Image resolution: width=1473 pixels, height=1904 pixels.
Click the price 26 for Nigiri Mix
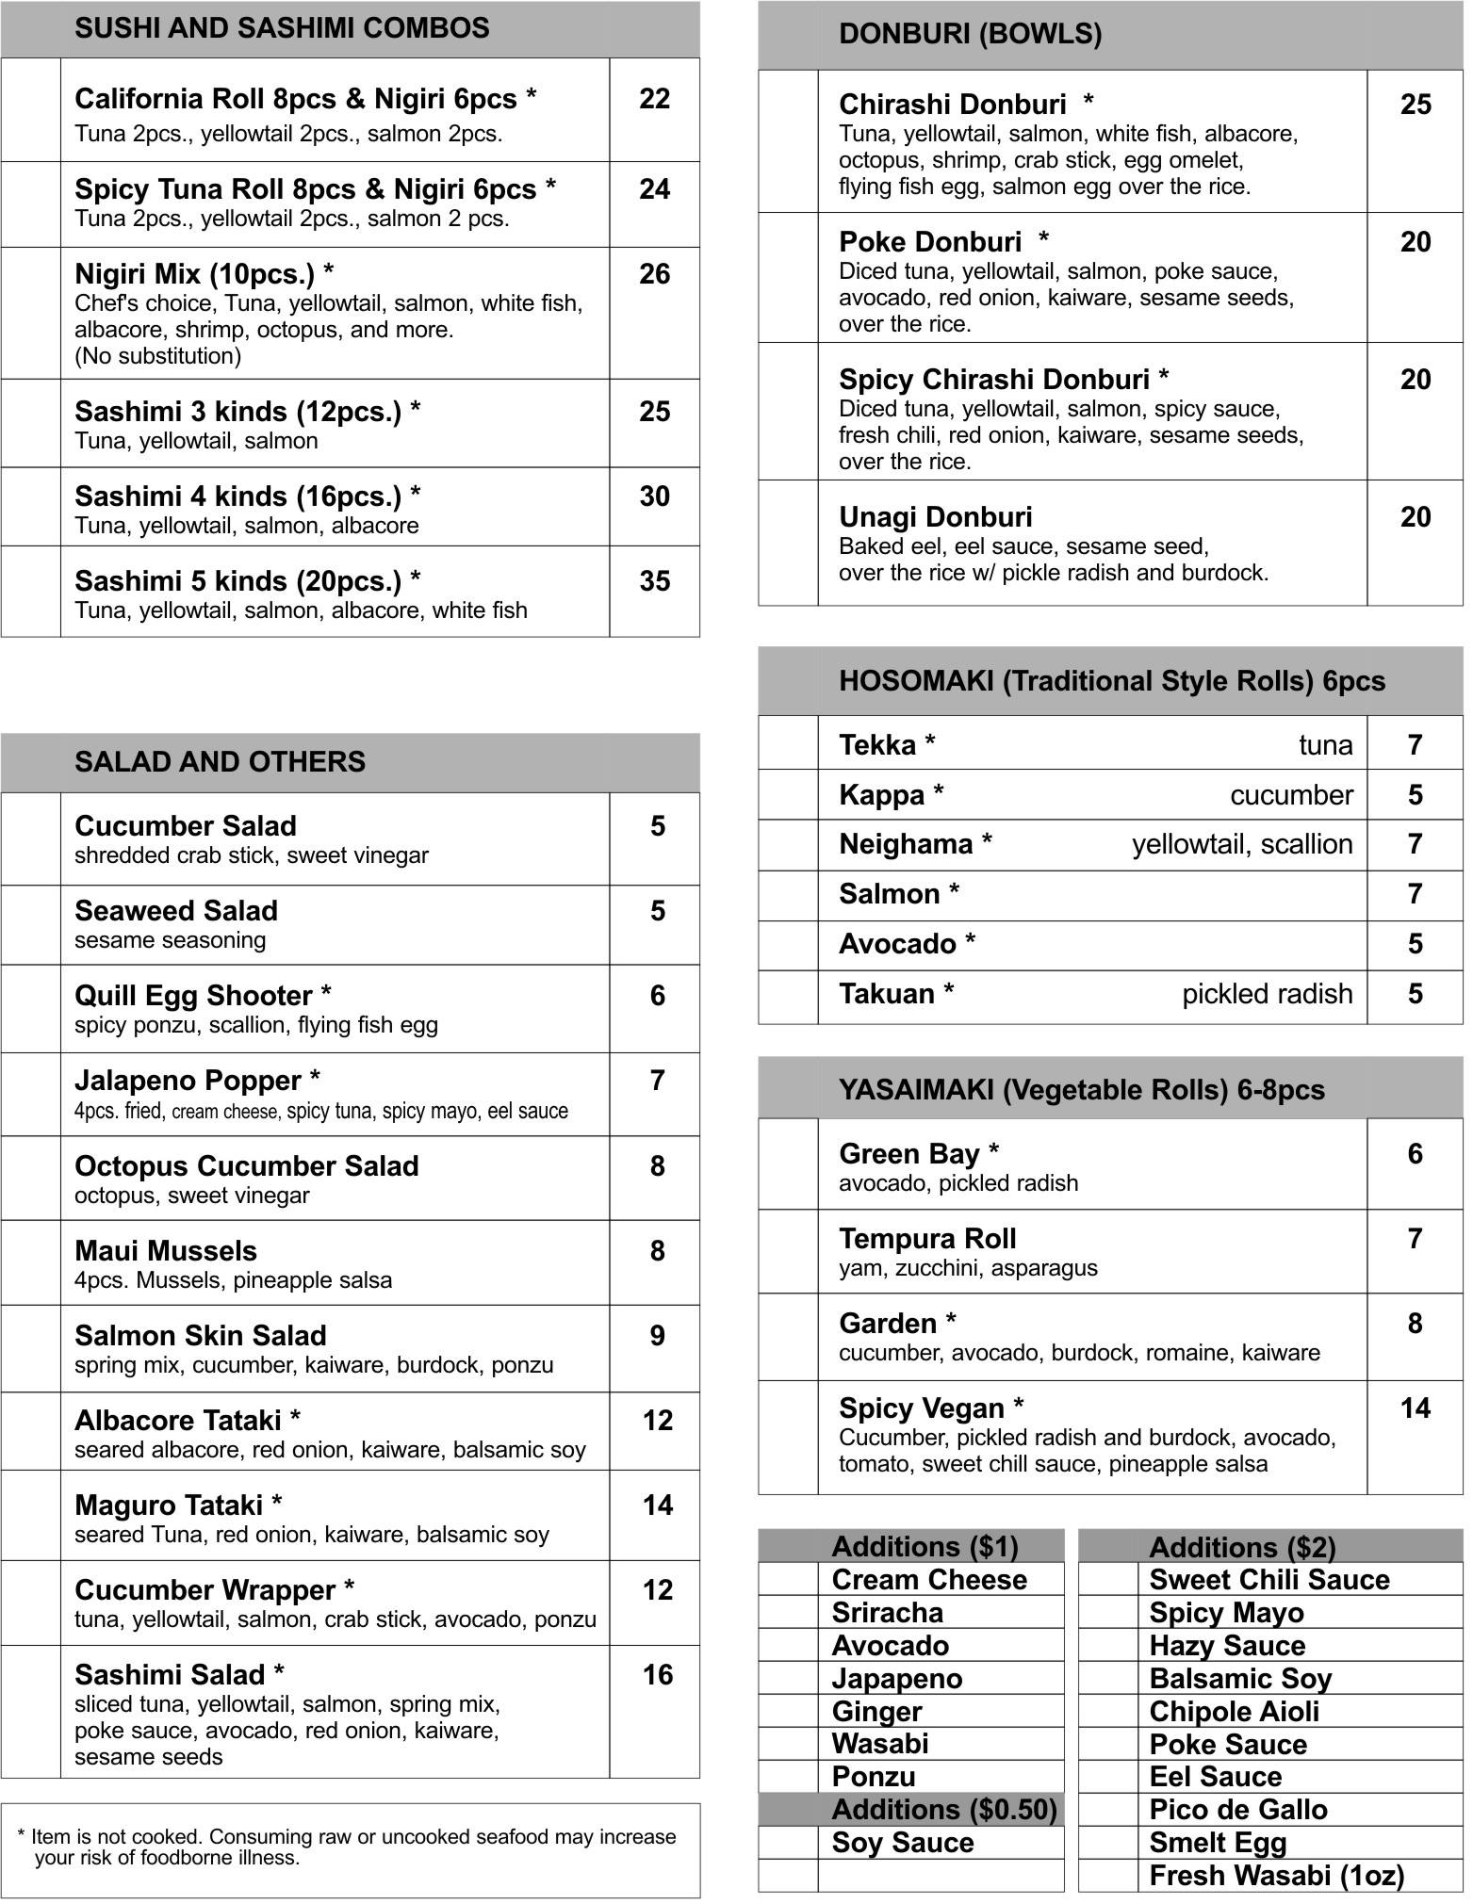(x=654, y=274)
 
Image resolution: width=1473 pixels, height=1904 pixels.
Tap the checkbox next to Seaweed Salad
(x=31, y=924)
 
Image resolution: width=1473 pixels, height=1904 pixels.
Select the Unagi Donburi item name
(x=935, y=517)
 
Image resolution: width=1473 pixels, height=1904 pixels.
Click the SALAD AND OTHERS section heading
(x=220, y=762)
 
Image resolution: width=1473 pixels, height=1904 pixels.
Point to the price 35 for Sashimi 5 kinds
(x=654, y=581)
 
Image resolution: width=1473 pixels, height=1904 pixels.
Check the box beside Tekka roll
(x=788, y=744)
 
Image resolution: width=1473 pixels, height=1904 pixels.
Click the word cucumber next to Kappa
(x=1291, y=795)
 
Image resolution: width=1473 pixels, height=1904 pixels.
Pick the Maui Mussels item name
(x=166, y=1251)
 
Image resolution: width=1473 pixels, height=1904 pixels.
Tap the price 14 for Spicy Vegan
(x=1415, y=1408)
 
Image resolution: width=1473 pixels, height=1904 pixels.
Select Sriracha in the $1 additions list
(x=887, y=1612)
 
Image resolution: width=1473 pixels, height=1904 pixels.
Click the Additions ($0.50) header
(x=944, y=1809)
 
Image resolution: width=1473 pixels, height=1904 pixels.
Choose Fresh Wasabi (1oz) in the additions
(x=1277, y=1875)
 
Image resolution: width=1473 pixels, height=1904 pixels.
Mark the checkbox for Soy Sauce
(x=788, y=1842)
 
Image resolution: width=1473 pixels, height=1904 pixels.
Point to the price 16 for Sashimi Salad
(x=657, y=1674)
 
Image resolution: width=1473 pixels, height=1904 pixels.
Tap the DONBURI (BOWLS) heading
(x=970, y=35)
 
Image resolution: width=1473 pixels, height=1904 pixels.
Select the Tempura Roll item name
(x=927, y=1239)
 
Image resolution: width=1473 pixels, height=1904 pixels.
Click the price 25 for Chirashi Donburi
(x=1415, y=105)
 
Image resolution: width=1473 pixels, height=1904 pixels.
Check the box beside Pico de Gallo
(x=1108, y=1809)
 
